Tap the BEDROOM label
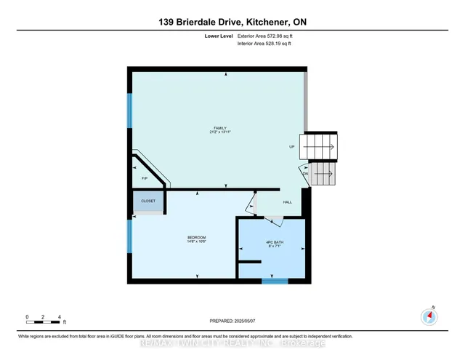click(x=197, y=237)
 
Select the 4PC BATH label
click(x=272, y=242)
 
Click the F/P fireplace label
click(x=144, y=177)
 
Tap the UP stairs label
click(x=292, y=147)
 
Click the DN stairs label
click(x=305, y=173)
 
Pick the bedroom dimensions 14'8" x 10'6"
click(x=197, y=241)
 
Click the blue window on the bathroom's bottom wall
click(x=275, y=280)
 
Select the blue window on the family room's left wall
click(x=130, y=111)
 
